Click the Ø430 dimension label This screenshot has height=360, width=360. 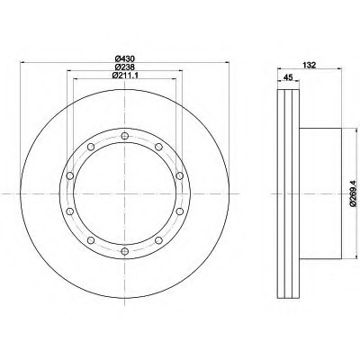tap(124, 58)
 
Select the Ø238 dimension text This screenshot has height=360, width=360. tap(124, 67)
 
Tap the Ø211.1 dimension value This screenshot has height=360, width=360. tap(125, 76)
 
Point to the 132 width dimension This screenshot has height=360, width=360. tap(310, 65)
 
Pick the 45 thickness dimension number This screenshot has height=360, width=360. tap(288, 77)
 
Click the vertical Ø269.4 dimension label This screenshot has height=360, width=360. tap(353, 193)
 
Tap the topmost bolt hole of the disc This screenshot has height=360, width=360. tap(125, 136)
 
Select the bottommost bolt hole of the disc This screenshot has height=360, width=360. tap(125, 251)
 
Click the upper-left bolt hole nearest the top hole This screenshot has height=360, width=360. tap(91, 147)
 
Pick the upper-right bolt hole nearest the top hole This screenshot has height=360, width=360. tap(158, 147)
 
